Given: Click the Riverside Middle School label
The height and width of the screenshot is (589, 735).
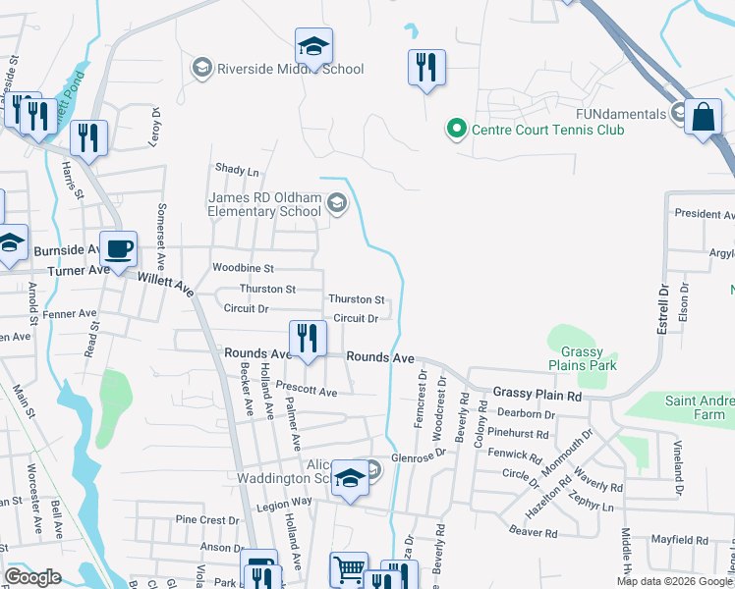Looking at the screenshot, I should point(290,69).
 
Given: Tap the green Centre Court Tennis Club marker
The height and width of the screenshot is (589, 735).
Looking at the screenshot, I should point(456,129).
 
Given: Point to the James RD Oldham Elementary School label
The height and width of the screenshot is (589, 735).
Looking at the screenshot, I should point(264,204).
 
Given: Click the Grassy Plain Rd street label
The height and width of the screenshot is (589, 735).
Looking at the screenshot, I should point(537,394).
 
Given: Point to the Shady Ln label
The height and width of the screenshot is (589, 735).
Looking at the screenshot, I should point(237,170).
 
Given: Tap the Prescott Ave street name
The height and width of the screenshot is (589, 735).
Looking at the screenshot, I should point(306,391).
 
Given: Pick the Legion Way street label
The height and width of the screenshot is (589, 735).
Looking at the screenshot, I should point(284,501).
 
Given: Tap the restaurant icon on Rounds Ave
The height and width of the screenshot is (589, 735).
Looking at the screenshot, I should point(308,339).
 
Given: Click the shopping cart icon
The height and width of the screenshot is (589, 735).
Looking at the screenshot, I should point(349,570).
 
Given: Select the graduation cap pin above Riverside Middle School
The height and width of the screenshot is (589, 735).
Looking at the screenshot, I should point(314,46).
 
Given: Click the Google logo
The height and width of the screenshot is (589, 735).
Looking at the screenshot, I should point(33,577).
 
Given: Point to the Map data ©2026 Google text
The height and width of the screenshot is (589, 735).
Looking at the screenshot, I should point(673,581).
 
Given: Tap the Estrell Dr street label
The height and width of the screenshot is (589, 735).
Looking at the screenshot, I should point(662,306).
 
